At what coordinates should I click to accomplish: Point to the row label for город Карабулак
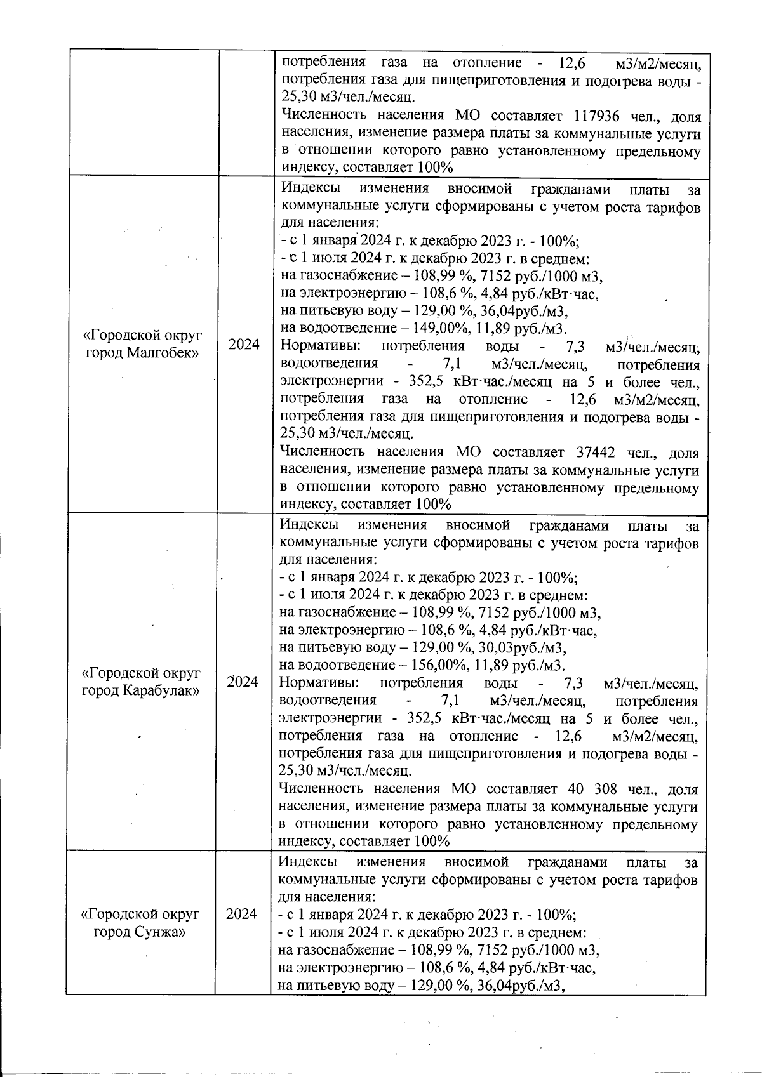tap(141, 681)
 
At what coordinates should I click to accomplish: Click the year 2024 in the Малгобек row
tap(244, 345)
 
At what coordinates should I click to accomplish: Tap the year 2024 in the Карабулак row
tap(243, 682)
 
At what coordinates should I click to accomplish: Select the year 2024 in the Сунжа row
tap(241, 914)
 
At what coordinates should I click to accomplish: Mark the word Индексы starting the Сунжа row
tap(307, 862)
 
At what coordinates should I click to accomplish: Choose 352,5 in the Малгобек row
tap(425, 381)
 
